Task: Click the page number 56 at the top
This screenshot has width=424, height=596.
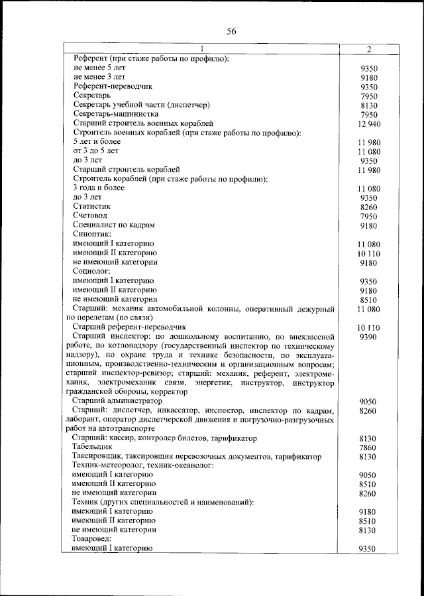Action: (x=212, y=30)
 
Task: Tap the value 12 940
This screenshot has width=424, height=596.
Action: (x=368, y=124)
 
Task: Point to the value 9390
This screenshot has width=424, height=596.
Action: (x=368, y=337)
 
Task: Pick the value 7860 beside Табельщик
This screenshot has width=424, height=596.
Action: (x=368, y=448)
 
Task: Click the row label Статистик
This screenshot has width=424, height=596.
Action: (x=92, y=206)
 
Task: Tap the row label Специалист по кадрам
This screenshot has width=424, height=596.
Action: (x=114, y=225)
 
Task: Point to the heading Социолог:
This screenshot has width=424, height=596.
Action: (x=91, y=270)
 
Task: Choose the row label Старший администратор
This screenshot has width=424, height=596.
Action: (x=117, y=401)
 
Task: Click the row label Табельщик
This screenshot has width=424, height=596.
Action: (x=93, y=447)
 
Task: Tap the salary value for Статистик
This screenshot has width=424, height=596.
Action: (x=368, y=208)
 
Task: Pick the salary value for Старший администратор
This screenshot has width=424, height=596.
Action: (x=368, y=402)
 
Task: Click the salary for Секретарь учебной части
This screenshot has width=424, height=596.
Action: (x=368, y=105)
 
